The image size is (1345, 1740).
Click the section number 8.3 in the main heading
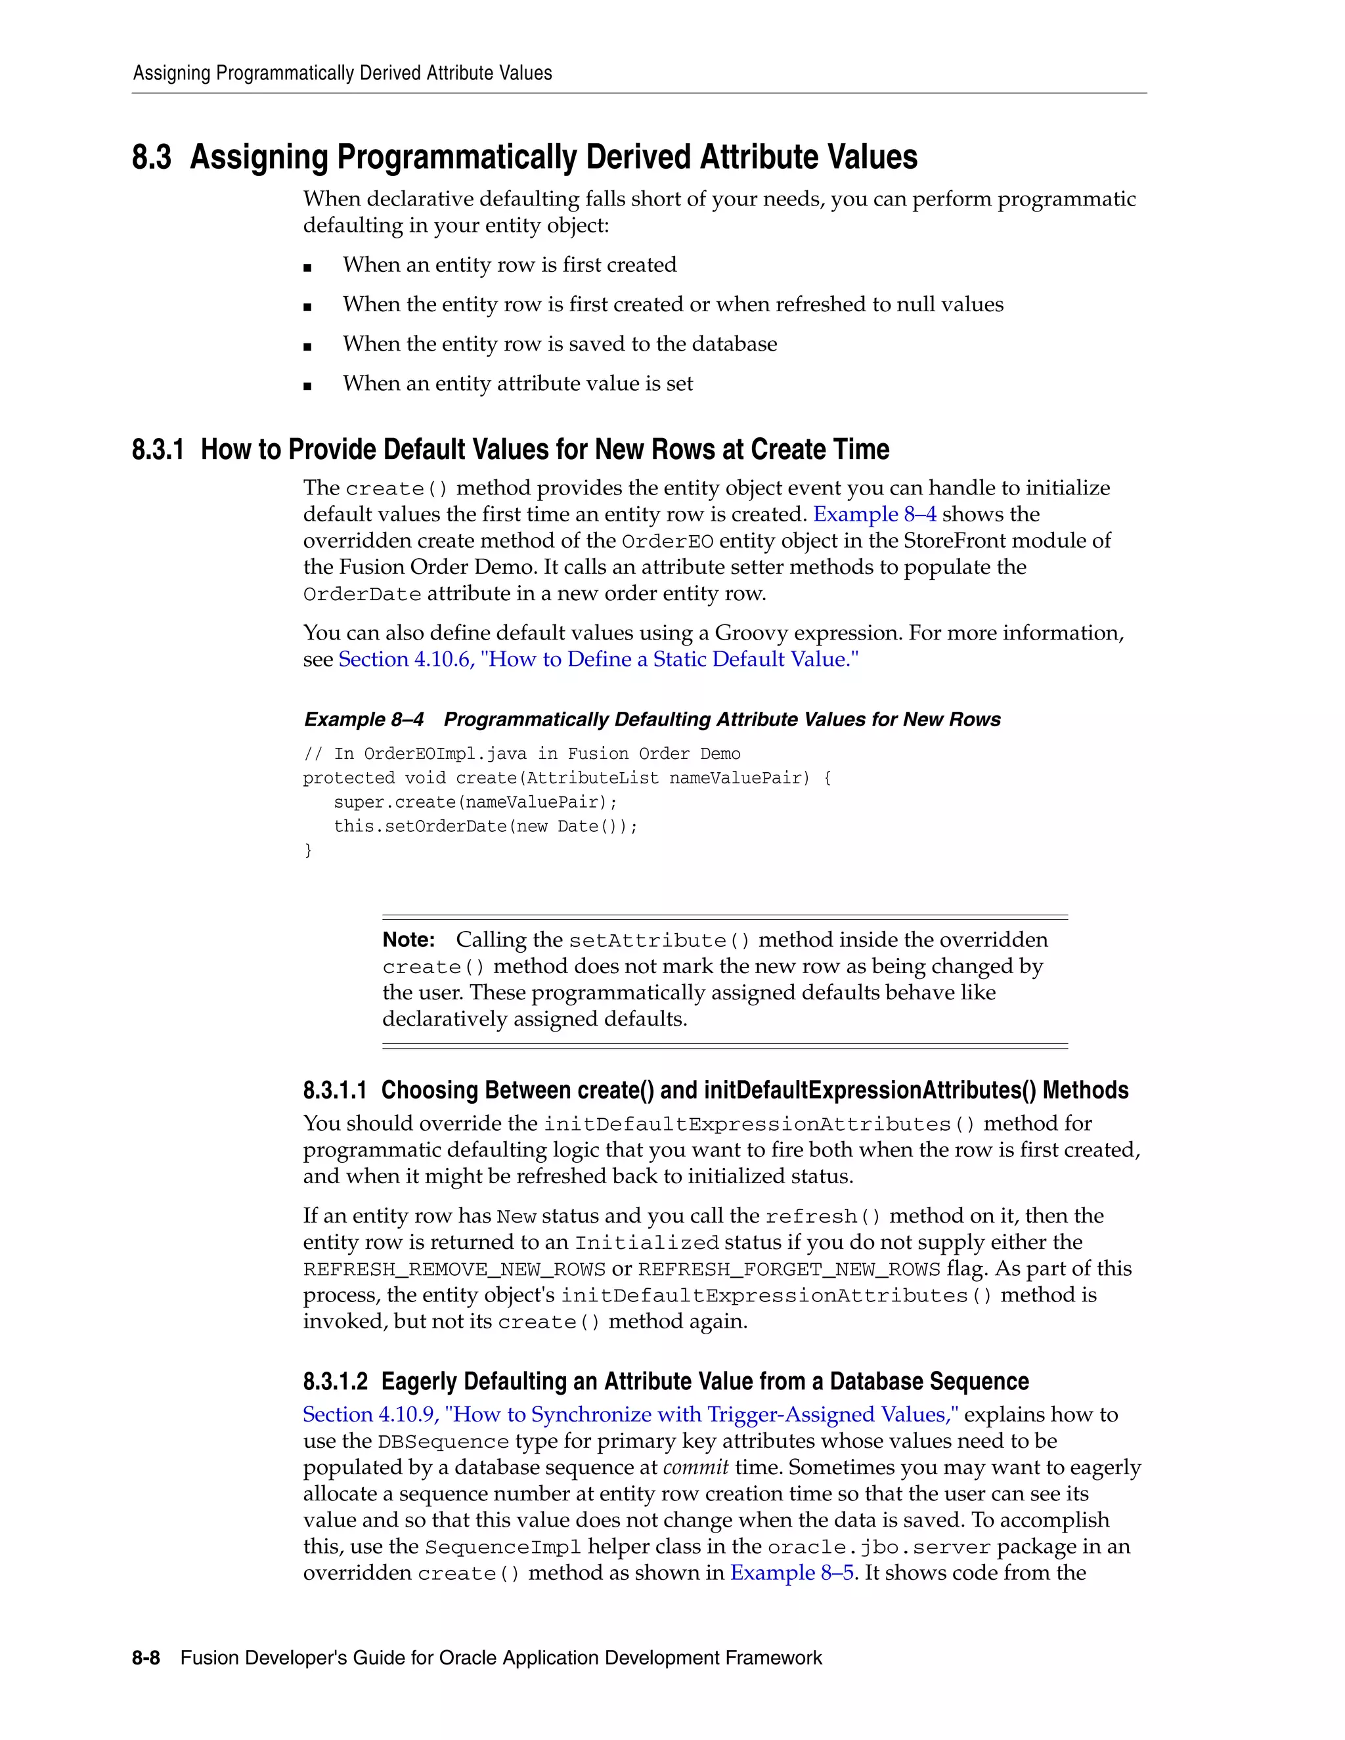(152, 157)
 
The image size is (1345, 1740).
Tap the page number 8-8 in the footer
(146, 1658)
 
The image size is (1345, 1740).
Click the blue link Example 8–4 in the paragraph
(874, 514)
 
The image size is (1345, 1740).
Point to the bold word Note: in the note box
(408, 940)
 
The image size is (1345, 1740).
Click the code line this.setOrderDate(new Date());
(485, 826)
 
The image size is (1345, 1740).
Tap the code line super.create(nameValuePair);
(475, 802)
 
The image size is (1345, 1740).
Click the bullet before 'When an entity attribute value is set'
(307, 385)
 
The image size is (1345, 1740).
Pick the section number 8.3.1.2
(335, 1381)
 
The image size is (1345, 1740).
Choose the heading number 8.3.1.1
(335, 1090)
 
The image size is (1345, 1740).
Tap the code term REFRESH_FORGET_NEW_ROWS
(789, 1269)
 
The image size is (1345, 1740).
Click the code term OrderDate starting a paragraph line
(362, 594)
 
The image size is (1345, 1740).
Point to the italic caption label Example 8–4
(363, 720)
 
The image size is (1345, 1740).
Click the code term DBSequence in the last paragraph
(443, 1441)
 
